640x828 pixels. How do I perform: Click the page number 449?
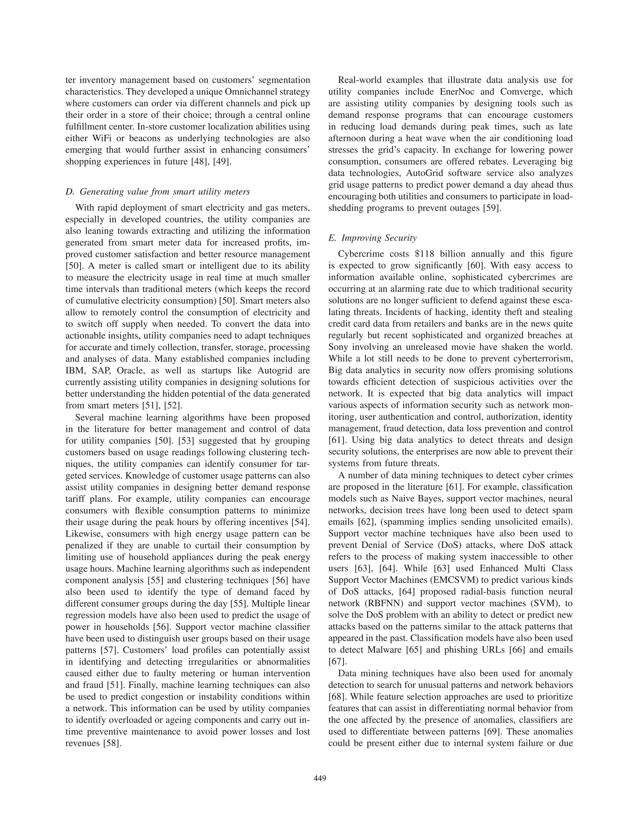320,779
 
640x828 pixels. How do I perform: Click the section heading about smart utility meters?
157,192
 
